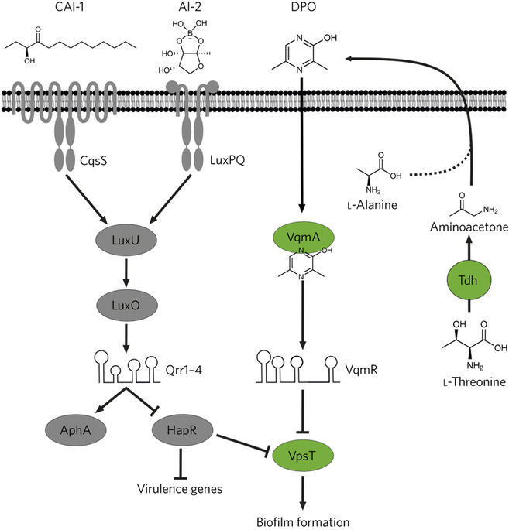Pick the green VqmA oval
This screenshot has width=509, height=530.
click(297, 238)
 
